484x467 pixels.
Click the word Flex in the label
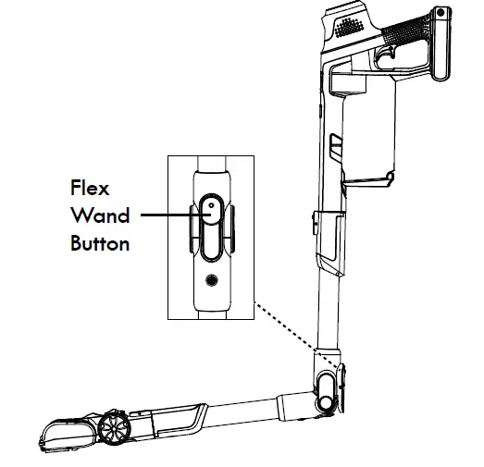tap(90, 188)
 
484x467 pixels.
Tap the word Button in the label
tap(99, 245)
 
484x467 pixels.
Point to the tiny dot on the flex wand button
tap(211, 205)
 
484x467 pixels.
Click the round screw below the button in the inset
tap(212, 279)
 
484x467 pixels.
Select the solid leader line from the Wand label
tap(167, 216)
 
